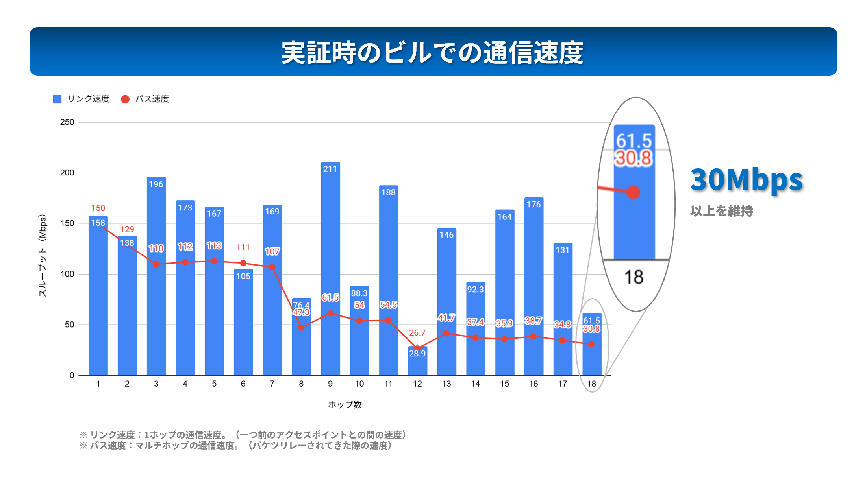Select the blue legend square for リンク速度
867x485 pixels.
pyautogui.click(x=57, y=99)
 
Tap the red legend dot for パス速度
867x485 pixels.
pyautogui.click(x=125, y=99)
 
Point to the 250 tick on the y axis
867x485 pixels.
pyautogui.click(x=67, y=122)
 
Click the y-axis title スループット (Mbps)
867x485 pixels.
pyautogui.click(x=43, y=255)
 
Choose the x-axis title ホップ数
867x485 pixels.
pyautogui.click(x=345, y=405)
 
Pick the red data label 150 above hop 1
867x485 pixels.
pyautogui.click(x=98, y=208)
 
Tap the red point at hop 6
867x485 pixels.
pyautogui.click(x=243, y=263)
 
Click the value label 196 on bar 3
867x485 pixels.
pyautogui.click(x=156, y=184)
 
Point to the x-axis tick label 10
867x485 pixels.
pyautogui.click(x=359, y=384)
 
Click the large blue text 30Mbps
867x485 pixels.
pyautogui.click(x=747, y=180)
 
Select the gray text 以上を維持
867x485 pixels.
pyautogui.click(x=721, y=211)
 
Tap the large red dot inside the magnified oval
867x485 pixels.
pyautogui.click(x=633, y=192)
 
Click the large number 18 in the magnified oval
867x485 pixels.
pyautogui.click(x=634, y=277)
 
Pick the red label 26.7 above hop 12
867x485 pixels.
pyautogui.click(x=417, y=333)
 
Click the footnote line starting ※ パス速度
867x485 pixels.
pyautogui.click(x=236, y=446)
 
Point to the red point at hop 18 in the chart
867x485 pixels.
pyautogui.click(x=591, y=344)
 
